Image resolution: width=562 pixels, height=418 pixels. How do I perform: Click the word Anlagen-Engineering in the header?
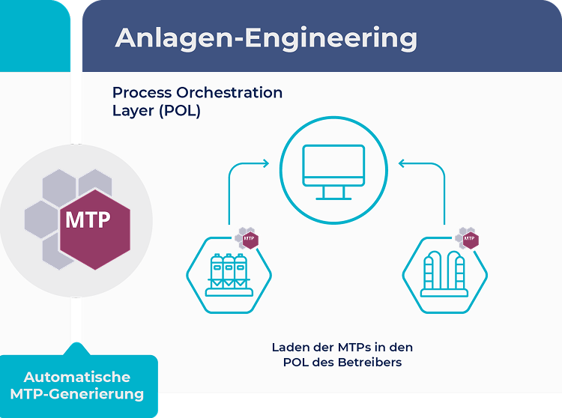point(266,38)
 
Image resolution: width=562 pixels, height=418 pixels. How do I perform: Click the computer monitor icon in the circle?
point(333,172)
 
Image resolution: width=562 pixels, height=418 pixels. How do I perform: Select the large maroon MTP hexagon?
point(95,229)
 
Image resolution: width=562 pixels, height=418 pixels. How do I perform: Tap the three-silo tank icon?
point(229,275)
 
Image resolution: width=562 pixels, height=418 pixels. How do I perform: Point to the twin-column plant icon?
point(444,274)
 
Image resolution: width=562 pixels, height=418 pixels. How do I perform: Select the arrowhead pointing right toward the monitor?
point(266,163)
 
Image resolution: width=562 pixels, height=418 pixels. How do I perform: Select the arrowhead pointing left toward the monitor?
point(402,163)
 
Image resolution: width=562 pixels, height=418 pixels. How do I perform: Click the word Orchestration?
point(229,92)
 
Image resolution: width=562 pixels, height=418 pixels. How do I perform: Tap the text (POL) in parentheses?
point(180,111)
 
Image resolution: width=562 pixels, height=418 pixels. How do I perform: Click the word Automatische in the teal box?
point(77,377)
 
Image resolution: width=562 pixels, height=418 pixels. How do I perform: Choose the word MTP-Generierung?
point(77,394)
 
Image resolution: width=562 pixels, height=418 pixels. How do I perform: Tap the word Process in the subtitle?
point(142,92)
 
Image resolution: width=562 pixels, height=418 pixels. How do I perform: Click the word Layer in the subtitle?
point(133,111)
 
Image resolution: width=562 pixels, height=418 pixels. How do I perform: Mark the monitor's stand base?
point(333,199)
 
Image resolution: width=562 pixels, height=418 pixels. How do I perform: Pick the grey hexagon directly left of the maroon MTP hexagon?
point(42,219)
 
